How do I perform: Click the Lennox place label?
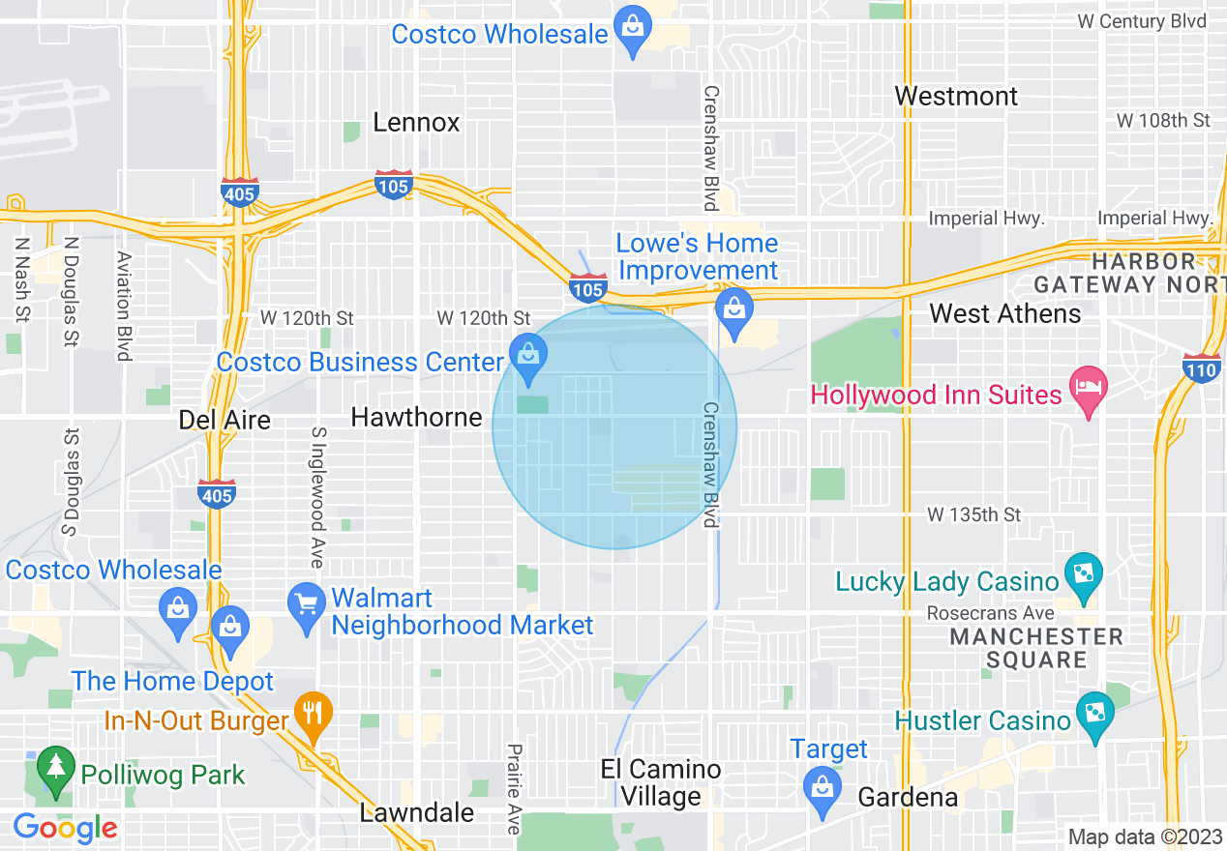(x=416, y=123)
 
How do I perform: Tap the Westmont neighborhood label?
(x=956, y=97)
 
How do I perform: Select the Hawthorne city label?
(x=416, y=418)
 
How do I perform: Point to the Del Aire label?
(x=224, y=420)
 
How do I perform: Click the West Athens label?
(x=1005, y=314)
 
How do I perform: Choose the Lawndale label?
(x=416, y=813)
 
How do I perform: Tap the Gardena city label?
(x=908, y=798)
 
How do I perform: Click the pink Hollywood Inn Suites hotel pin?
(x=1089, y=390)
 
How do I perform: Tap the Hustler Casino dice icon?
(x=1095, y=715)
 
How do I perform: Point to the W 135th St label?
(x=973, y=514)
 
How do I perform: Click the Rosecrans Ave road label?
(x=990, y=613)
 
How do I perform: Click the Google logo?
(x=66, y=828)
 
